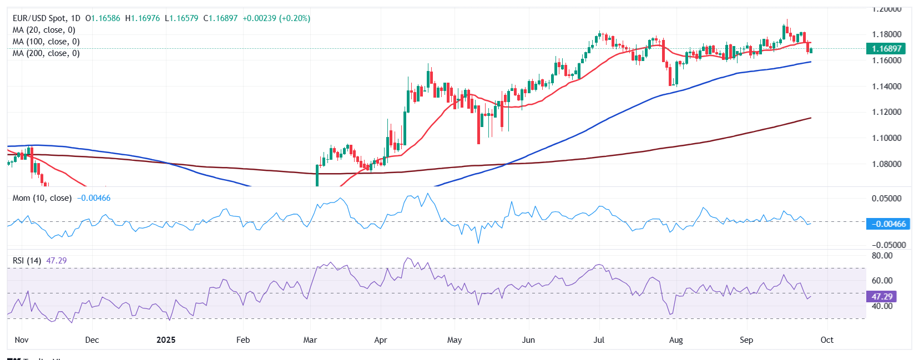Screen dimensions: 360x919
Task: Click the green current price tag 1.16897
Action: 886,49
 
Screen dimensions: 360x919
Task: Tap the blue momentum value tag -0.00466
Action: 888,224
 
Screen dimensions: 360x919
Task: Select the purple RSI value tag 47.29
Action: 882,297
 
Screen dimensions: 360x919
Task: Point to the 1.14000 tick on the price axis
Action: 886,87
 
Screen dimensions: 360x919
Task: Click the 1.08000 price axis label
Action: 886,164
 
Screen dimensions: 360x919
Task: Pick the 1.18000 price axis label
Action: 886,34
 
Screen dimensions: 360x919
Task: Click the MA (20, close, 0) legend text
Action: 44,30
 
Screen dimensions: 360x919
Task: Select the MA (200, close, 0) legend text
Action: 46,53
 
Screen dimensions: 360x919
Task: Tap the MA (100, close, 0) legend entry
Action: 46,42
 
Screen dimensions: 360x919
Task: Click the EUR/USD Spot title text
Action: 39,18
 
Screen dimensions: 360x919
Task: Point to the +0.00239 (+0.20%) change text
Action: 276,18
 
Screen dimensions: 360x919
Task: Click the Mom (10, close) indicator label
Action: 42,198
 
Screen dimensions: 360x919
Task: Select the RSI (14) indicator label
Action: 27,261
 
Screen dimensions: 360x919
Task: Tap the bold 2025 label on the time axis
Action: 166,340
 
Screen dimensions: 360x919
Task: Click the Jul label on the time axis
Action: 599,340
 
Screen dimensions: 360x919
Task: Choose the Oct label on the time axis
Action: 827,340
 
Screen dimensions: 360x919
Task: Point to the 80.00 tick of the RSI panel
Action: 882,256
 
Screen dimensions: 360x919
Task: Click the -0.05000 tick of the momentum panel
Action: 888,245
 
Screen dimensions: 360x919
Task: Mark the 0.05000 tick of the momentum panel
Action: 886,199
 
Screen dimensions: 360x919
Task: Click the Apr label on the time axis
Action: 381,340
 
